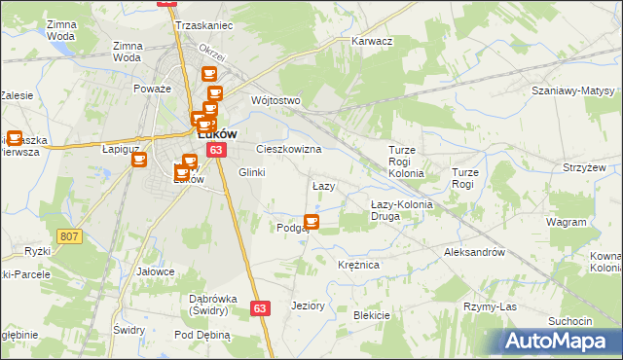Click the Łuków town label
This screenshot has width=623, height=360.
[220, 135]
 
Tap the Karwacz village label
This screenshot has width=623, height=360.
[371, 42]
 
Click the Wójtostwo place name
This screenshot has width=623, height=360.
[275, 100]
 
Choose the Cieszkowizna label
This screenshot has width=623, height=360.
[288, 150]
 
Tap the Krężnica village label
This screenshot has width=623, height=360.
[357, 265]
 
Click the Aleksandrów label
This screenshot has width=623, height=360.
[473, 251]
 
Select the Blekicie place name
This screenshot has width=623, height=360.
[371, 315]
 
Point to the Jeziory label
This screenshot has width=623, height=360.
[308, 306]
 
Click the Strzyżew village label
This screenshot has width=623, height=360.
[583, 167]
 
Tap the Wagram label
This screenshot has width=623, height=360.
[566, 222]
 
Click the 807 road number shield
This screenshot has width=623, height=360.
[68, 236]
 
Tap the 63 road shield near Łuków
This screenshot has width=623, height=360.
[216, 150]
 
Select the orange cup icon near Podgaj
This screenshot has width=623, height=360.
[311, 222]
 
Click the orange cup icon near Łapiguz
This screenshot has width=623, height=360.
[138, 159]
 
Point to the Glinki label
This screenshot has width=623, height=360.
[251, 172]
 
